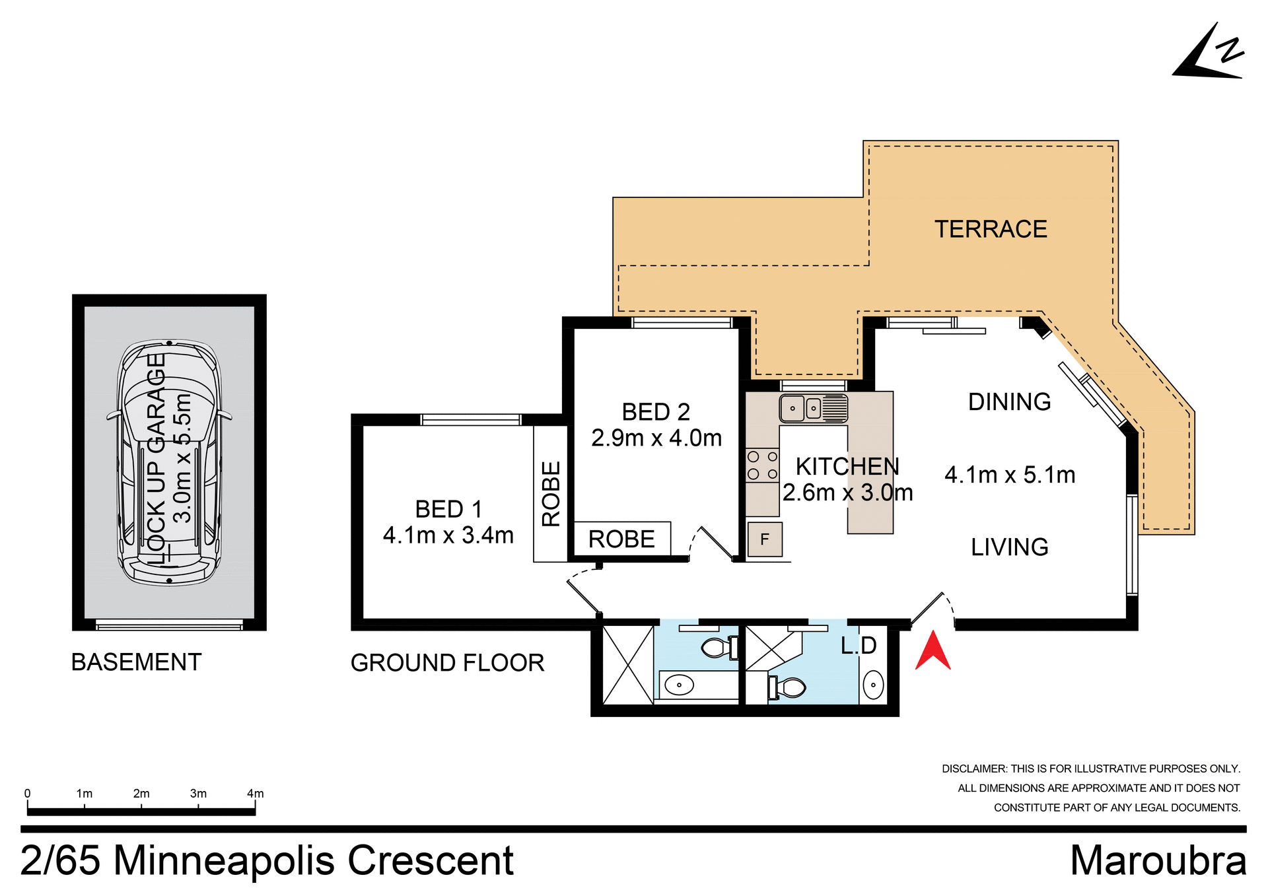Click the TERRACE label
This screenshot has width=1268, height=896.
pos(990,229)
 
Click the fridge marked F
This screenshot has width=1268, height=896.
pos(765,539)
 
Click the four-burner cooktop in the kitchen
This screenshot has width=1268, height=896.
pos(762,465)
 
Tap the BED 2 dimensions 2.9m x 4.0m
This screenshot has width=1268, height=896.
pos(656,438)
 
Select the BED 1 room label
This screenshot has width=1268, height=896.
pos(448,509)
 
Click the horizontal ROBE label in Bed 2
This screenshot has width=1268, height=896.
pos(621,539)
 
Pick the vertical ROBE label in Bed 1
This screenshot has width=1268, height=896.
pos(551,493)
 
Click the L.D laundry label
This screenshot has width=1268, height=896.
pos(858,645)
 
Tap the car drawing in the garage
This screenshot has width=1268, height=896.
pos(169,462)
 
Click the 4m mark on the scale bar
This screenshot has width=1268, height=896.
pos(255,794)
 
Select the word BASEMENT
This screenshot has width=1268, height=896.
pos(136,662)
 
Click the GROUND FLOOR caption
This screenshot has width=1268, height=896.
pos(447,662)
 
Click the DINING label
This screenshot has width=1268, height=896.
pos(1009,401)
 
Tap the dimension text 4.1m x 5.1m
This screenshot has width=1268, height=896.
pos(1009,475)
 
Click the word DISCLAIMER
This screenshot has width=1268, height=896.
pos(974,769)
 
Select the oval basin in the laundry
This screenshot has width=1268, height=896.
pos(873,685)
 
